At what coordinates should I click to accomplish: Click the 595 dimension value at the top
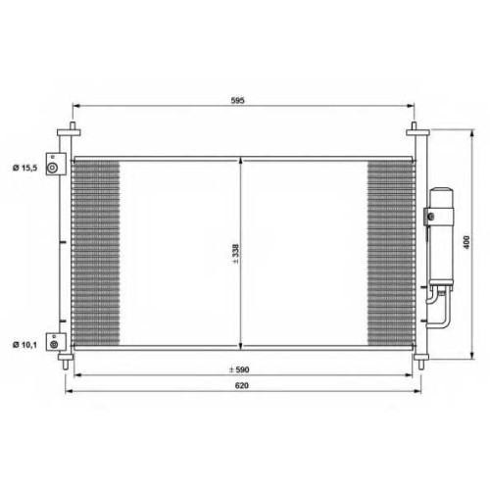pos(237,100)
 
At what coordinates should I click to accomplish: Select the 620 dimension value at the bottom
pos(242,385)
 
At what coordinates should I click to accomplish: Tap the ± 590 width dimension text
pos(239,369)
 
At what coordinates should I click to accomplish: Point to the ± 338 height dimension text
pos(235,254)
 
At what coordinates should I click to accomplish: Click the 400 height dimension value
pos(466,242)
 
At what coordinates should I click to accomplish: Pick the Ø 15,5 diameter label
pos(25,168)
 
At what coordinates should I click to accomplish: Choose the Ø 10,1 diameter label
pos(24,345)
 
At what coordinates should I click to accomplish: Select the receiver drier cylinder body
pos(441,236)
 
